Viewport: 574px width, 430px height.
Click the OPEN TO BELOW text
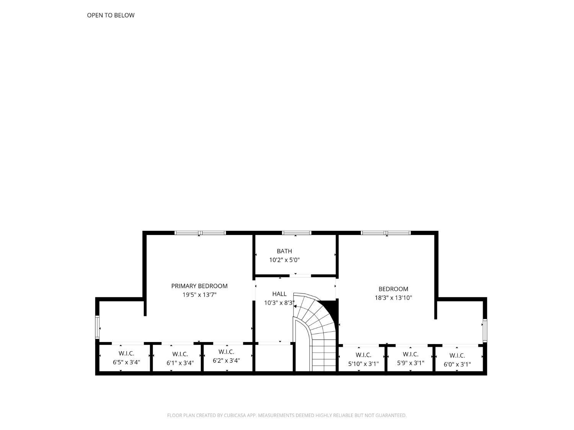(111, 15)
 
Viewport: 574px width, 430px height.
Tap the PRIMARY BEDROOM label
(199, 286)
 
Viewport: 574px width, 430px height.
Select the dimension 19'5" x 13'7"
(199, 295)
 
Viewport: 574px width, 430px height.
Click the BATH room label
(284, 251)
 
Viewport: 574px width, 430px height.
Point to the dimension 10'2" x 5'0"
(284, 260)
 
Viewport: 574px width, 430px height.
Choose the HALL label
(279, 294)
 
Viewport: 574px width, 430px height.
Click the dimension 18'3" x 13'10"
(393, 298)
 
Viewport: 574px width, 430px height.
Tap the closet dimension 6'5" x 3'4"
(126, 362)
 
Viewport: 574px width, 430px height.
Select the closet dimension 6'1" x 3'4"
(180, 363)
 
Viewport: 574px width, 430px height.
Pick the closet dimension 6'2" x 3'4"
(226, 360)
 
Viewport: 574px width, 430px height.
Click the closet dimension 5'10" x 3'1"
(363, 363)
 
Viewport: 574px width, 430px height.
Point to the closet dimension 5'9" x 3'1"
(410, 363)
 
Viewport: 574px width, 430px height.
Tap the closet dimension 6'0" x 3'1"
(457, 364)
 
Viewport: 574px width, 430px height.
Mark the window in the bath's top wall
(297, 233)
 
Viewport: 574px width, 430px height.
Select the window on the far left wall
(97, 328)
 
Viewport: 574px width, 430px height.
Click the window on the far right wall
(484, 330)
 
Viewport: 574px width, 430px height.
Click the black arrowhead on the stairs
(295, 306)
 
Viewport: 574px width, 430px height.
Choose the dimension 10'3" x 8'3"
(279, 303)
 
